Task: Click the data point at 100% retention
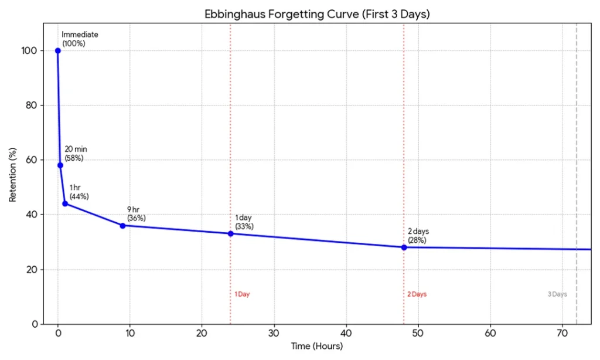(x=57, y=50)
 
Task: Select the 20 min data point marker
(x=60, y=165)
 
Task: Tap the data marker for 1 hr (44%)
(x=65, y=203)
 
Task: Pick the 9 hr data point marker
(x=122, y=226)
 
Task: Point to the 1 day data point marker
(x=230, y=234)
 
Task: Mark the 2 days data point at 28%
(x=404, y=247)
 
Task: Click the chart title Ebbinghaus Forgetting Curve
(x=317, y=14)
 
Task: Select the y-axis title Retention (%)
(x=12, y=174)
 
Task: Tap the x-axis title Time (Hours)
(x=317, y=346)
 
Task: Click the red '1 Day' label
(x=242, y=294)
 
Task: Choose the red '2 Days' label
(x=417, y=294)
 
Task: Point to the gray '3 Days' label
(x=557, y=294)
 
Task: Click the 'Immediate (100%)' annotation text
(x=80, y=39)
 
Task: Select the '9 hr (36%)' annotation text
(x=136, y=214)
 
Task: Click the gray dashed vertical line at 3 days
(x=577, y=176)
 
